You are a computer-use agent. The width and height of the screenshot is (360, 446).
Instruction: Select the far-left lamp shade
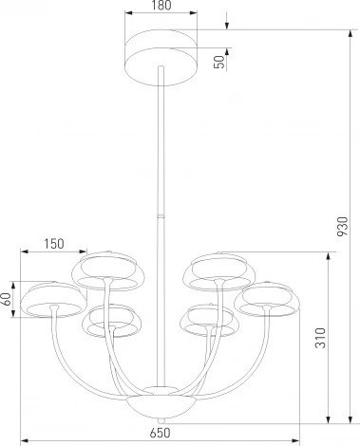coord(50,298)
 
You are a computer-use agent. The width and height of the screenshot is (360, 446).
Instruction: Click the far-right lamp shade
coord(266,296)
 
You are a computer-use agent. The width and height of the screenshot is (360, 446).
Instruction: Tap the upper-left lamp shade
coord(104,270)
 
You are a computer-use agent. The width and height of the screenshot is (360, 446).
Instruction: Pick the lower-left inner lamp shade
coord(109,321)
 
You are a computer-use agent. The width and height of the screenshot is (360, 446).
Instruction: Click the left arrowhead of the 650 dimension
coord(25,439)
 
